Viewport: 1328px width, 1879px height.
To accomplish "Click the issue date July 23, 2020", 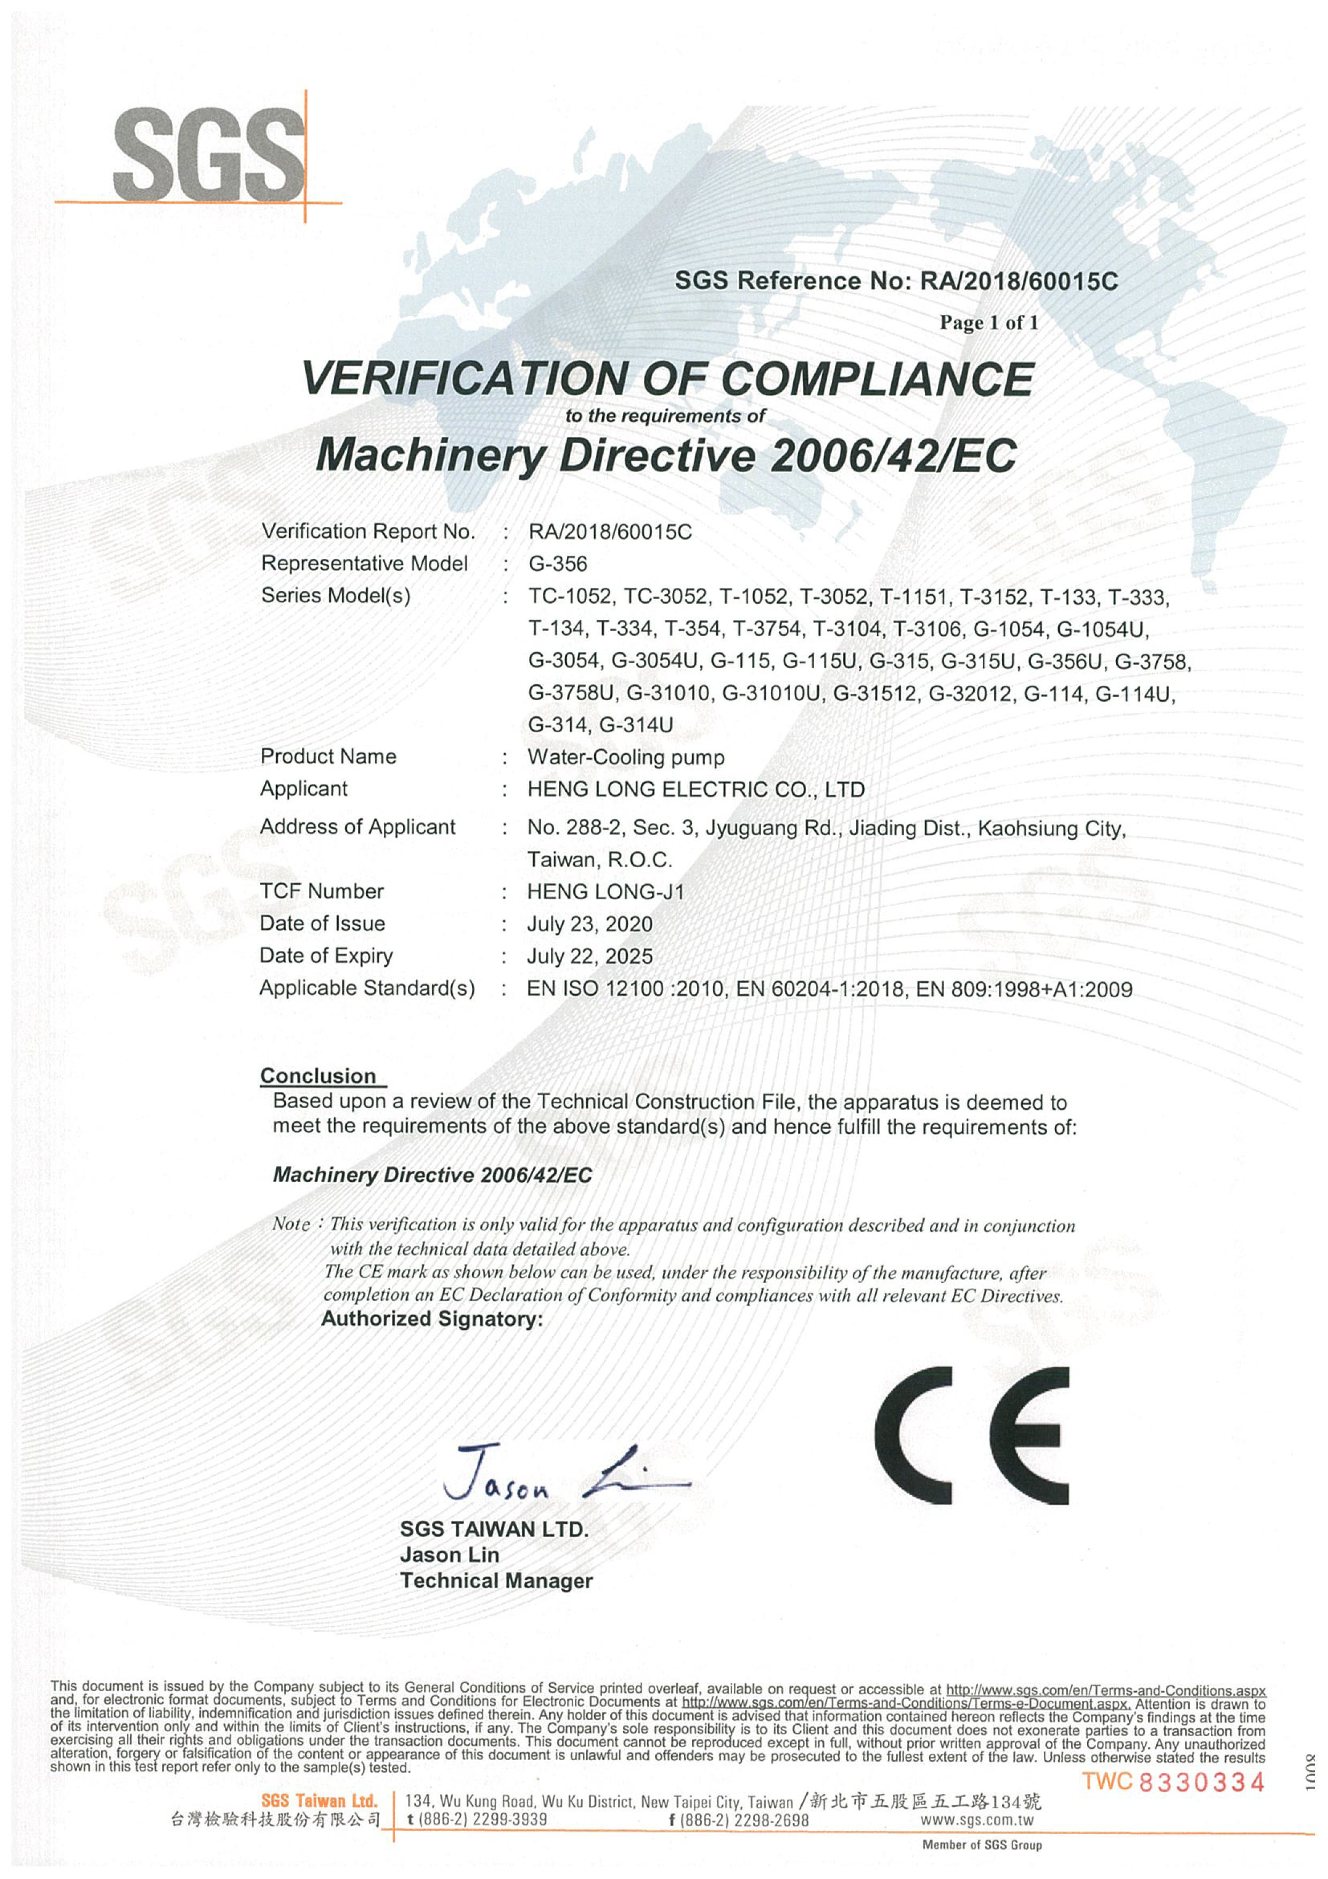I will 589,924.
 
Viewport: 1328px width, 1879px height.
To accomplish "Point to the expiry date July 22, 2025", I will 589,956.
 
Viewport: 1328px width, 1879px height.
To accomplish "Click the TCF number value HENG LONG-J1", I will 605,891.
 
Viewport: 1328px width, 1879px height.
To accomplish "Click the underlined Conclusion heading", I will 318,1075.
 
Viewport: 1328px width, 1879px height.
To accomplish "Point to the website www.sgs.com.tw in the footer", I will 977,1820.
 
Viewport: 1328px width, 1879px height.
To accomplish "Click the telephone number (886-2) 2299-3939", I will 476,1820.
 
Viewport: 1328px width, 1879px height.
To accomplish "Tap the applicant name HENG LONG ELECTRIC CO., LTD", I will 695,790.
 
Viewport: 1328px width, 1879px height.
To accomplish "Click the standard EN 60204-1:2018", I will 820,989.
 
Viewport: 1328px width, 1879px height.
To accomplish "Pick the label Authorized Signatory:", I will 431,1319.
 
